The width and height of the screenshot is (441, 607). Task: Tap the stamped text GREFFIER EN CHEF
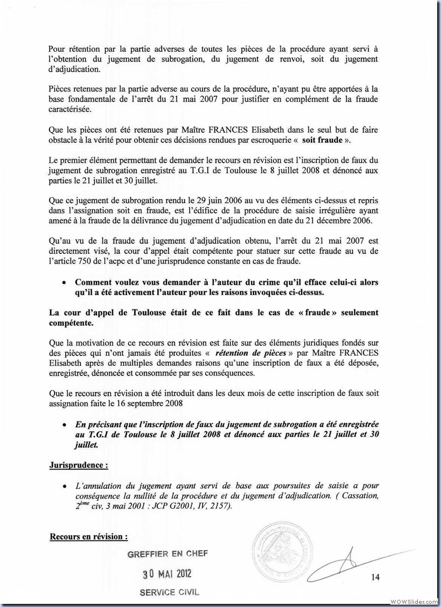tap(168, 554)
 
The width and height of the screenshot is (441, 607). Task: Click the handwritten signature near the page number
tap(353, 557)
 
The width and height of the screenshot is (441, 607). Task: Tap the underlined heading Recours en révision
tap(89, 536)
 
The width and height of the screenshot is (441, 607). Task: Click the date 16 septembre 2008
tap(163, 403)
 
